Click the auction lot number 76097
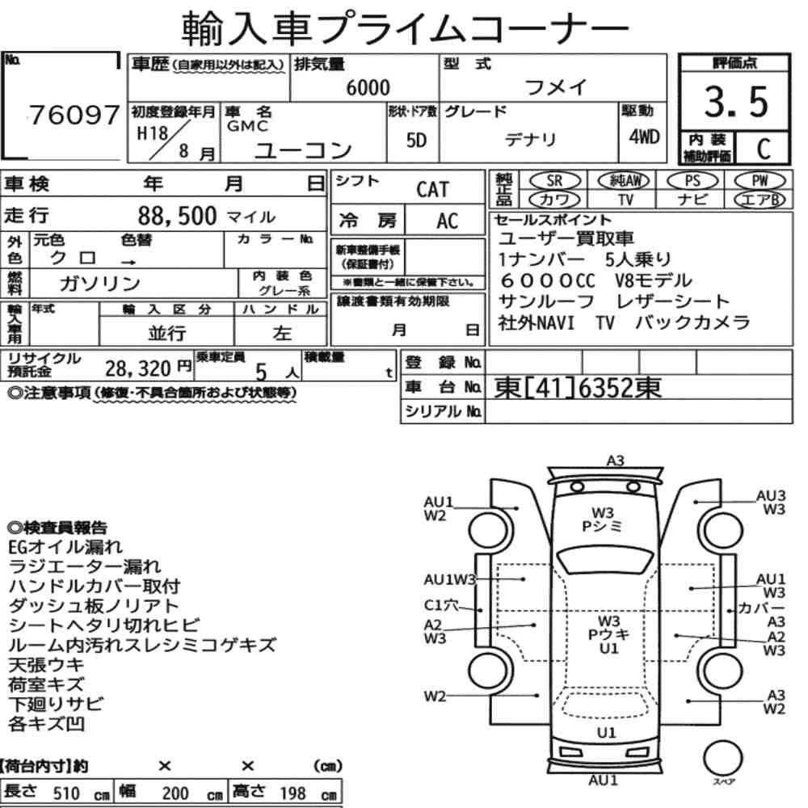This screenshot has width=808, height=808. point(74,115)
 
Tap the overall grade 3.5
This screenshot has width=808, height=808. point(736,102)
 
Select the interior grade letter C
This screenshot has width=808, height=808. point(764,149)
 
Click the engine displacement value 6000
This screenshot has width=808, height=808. point(368,87)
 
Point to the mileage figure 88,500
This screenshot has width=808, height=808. point(177,216)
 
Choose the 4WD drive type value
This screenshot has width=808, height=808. point(644,137)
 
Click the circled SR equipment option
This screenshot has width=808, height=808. point(554,181)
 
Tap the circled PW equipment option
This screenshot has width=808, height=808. point(760,180)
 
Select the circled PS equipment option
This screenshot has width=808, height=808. point(692,181)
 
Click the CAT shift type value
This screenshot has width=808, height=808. point(432,190)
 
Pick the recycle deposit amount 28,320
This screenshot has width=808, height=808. point(137,368)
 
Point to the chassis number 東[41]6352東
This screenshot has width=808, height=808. point(578,388)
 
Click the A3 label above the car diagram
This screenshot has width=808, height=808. point(615,461)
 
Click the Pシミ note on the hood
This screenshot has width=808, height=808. point(602,526)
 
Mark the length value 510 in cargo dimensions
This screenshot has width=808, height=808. point(66,793)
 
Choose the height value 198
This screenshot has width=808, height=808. point(292,793)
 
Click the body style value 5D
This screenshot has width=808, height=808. point(416,140)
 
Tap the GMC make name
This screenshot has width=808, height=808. point(247,126)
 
